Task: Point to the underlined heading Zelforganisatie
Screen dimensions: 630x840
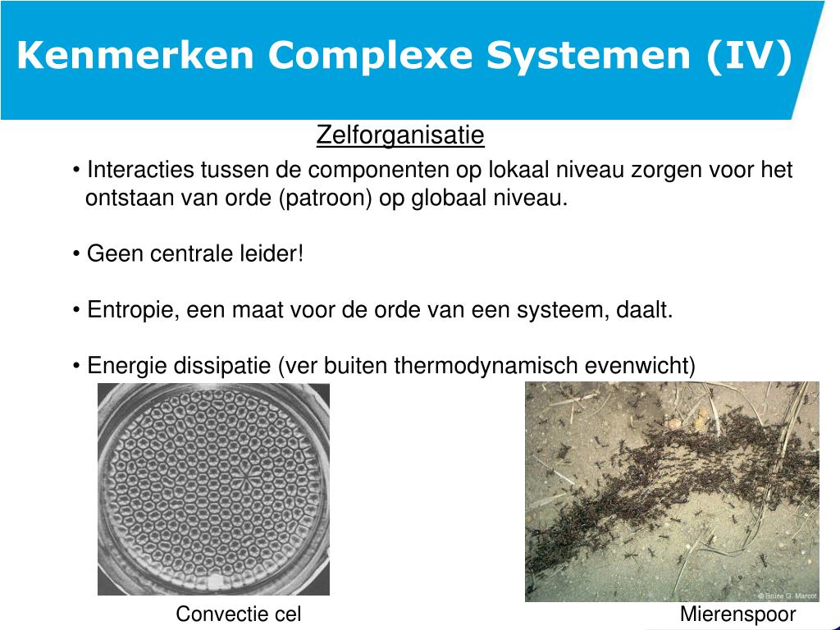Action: [400, 135]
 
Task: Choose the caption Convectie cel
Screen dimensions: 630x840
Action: [239, 614]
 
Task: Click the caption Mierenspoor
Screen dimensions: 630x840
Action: [737, 614]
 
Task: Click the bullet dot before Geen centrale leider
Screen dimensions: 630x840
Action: [76, 255]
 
